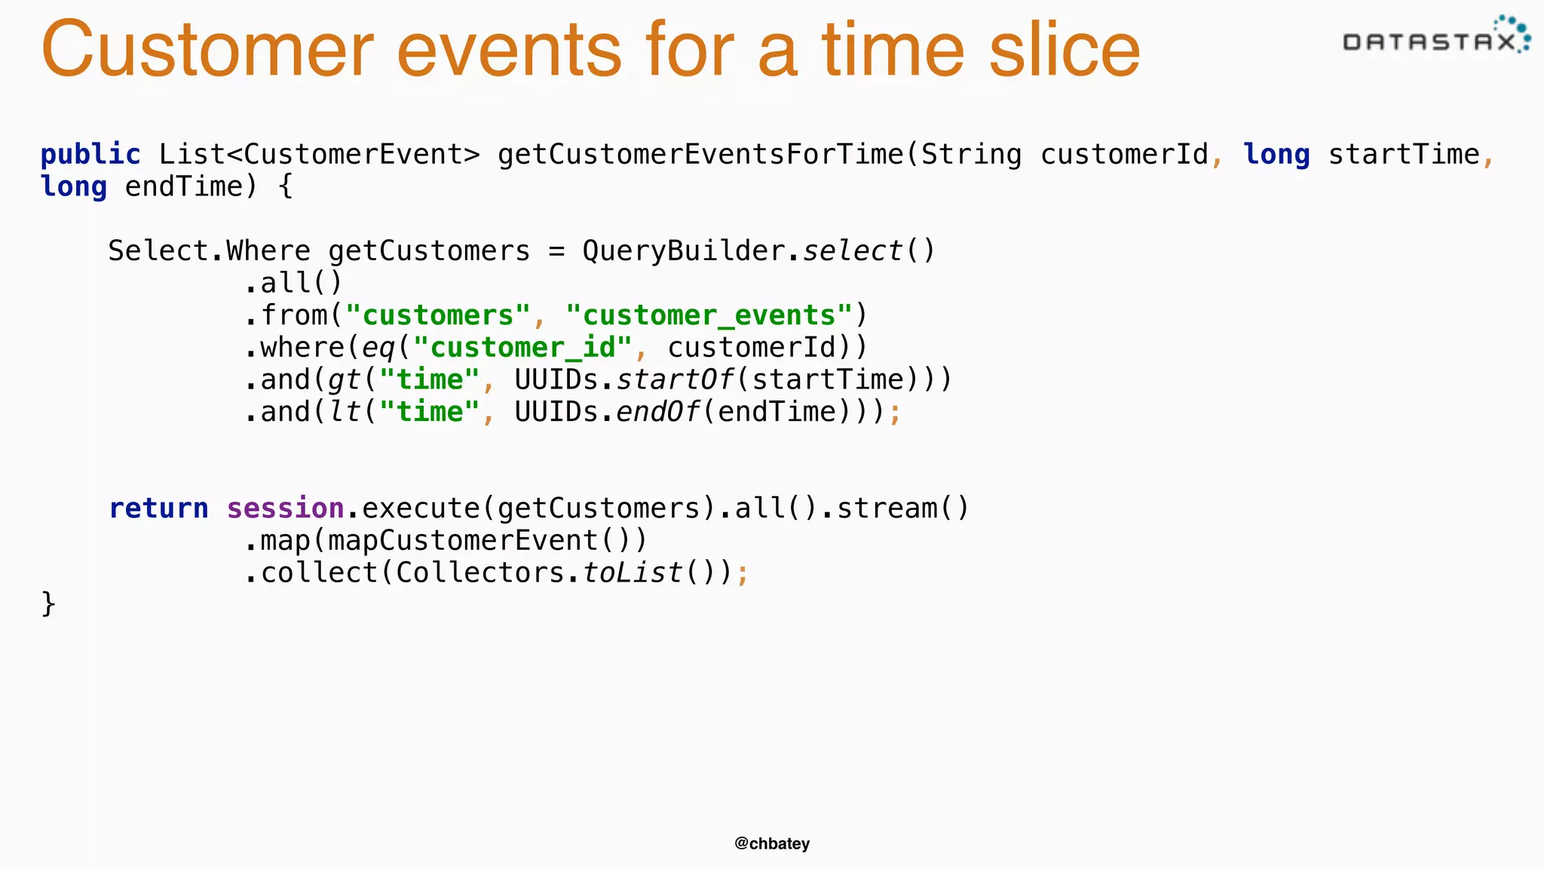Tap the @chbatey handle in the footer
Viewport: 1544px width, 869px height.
click(772, 843)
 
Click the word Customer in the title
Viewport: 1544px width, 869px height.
click(208, 50)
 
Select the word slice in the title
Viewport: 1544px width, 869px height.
click(1065, 50)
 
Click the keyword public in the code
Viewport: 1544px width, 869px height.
click(90, 155)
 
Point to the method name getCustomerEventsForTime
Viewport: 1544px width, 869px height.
click(700, 155)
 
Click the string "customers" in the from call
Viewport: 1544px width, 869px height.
click(438, 315)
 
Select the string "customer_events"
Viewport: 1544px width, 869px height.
click(709, 315)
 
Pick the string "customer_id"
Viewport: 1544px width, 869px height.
click(522, 348)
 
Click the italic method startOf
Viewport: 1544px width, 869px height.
click(675, 379)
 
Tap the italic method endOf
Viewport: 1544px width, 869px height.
click(658, 412)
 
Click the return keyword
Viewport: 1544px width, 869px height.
click(158, 508)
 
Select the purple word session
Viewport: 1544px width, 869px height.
click(286, 508)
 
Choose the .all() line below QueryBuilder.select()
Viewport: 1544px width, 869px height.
click(293, 283)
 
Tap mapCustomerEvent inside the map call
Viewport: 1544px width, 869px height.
click(464, 541)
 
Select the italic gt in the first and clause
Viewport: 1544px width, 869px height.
click(345, 380)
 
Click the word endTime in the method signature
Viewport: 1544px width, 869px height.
click(184, 186)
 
